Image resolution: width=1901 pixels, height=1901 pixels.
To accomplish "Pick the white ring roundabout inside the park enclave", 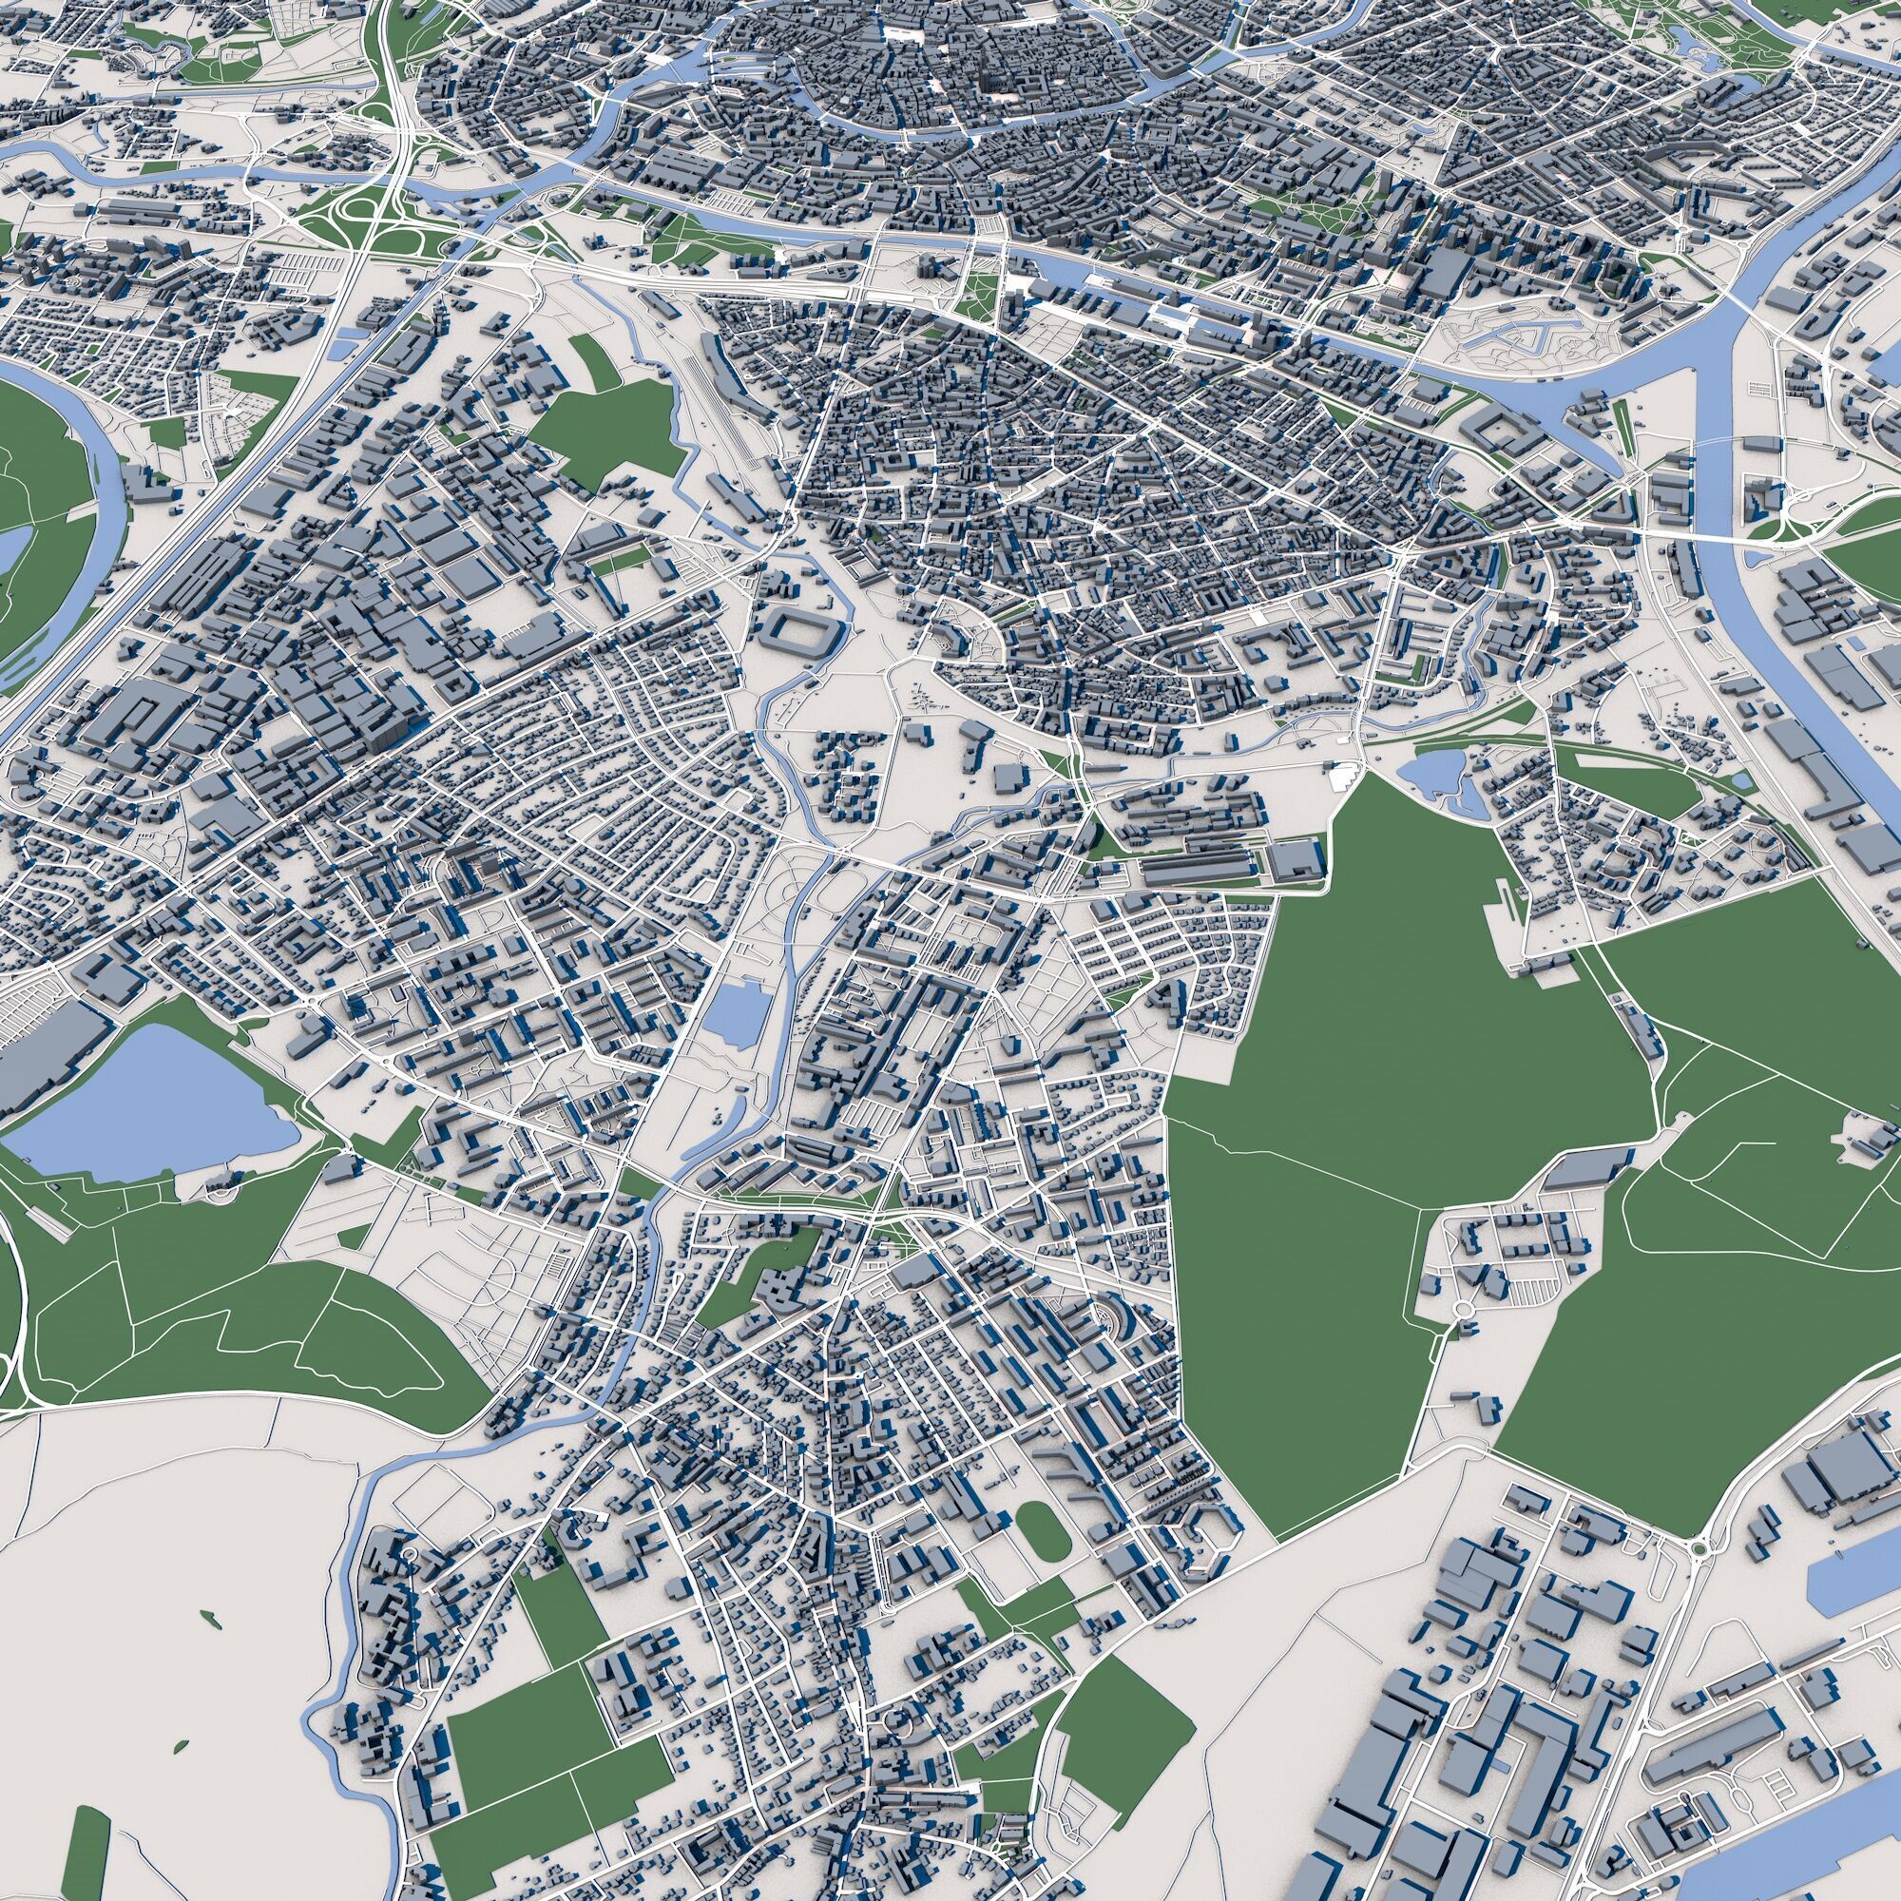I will click(x=1463, y=1308).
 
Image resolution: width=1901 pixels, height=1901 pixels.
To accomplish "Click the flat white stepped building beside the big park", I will click(x=1340, y=778).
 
